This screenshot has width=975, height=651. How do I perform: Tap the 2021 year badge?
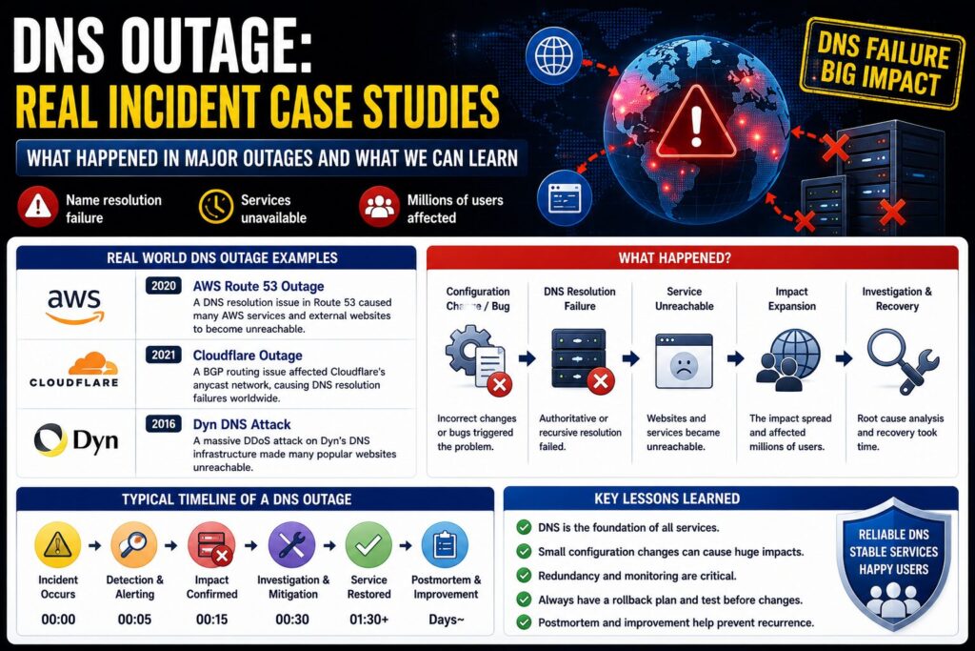pyautogui.click(x=164, y=355)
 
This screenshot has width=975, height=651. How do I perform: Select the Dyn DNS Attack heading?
pyautogui.click(x=242, y=424)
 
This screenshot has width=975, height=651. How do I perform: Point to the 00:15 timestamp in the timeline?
pyautogui.click(x=212, y=620)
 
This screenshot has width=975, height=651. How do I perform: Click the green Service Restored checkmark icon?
pyautogui.click(x=368, y=545)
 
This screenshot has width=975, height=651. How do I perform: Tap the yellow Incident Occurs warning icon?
pyautogui.click(x=58, y=545)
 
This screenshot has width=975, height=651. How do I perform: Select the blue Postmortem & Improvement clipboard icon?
pyautogui.click(x=445, y=545)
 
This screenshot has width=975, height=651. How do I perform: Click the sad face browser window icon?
pyautogui.click(x=684, y=361)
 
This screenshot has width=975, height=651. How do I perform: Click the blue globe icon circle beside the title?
pyautogui.click(x=553, y=55)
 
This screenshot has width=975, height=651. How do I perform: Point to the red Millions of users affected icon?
pyautogui.click(x=379, y=207)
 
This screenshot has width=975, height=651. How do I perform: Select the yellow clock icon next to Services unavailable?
pyautogui.click(x=216, y=207)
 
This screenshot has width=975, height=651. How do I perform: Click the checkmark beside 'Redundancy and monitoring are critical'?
pyautogui.click(x=525, y=576)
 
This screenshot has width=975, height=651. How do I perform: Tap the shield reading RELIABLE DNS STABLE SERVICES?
pyautogui.click(x=893, y=564)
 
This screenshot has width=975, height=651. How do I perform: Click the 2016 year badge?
pyautogui.click(x=164, y=424)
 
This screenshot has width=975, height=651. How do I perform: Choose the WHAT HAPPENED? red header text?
pyautogui.click(x=675, y=257)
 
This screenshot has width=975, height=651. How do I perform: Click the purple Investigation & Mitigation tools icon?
pyautogui.click(x=291, y=545)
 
